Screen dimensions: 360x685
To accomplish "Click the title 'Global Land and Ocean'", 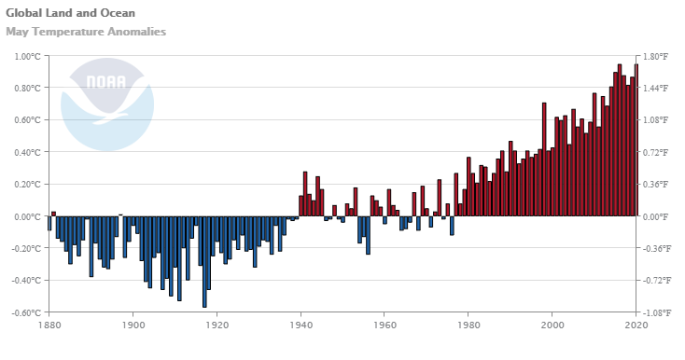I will [x=70, y=13].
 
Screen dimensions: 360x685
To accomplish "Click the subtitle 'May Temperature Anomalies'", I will [x=86, y=32].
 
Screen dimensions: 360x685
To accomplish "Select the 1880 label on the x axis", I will [x=49, y=325].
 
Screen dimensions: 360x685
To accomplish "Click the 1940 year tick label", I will [x=301, y=325].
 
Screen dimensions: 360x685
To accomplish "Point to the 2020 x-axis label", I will [x=636, y=325].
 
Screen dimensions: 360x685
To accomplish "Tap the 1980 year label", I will [x=468, y=325].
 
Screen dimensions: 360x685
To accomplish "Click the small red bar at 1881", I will [x=53, y=214].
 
